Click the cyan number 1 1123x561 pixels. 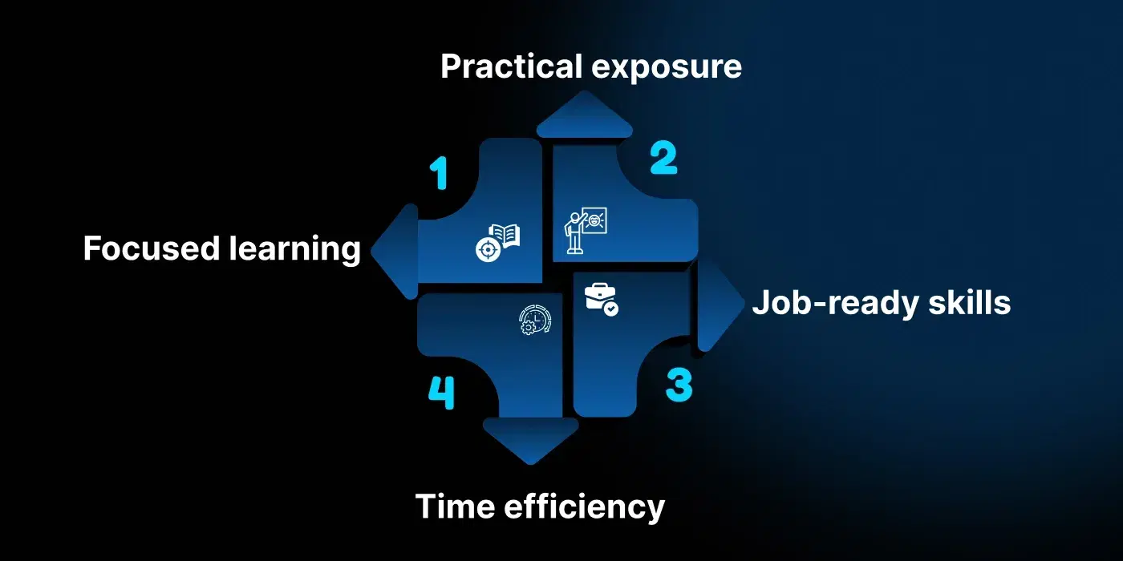tap(438, 174)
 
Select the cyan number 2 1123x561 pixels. tap(663, 158)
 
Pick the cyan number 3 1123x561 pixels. tap(679, 385)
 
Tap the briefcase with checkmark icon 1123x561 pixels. tap(601, 299)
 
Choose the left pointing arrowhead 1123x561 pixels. tap(395, 251)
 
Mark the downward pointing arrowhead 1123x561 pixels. tap(530, 439)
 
